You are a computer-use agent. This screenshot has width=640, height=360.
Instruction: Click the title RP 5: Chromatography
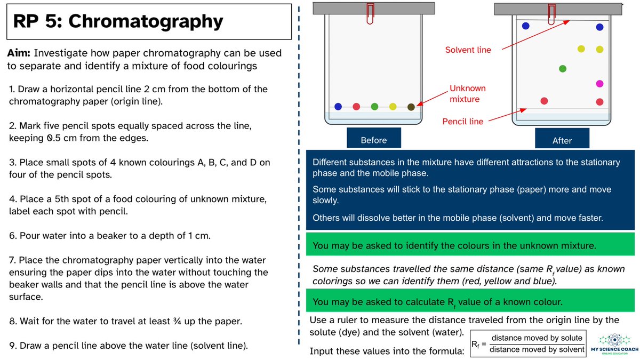coord(118,21)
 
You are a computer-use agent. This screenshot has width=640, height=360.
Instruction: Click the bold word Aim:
coord(19,53)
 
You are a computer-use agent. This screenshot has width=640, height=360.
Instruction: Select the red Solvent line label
coord(468,50)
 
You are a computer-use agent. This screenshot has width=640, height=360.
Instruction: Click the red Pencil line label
coord(462,122)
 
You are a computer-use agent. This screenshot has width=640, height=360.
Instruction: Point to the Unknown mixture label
coord(467,93)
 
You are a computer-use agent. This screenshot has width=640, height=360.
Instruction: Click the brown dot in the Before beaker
coord(411,107)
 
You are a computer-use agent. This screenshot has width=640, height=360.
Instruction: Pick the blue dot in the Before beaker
coord(338,107)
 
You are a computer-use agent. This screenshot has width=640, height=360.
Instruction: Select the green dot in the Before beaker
coord(374,107)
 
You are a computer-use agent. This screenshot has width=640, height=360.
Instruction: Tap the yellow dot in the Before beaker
coord(393,107)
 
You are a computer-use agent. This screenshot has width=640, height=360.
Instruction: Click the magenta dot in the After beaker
coord(599,84)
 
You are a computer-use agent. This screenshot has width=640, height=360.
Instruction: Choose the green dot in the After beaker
coord(563,69)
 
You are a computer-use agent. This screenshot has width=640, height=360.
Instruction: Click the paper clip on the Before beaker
coord(370,13)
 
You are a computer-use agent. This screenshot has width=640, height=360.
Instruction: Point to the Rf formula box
coord(528,343)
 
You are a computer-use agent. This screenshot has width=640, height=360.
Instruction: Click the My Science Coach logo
coord(614,344)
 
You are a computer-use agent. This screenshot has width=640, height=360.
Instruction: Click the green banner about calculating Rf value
coord(470,300)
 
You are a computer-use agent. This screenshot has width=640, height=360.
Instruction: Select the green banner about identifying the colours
coord(470,244)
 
